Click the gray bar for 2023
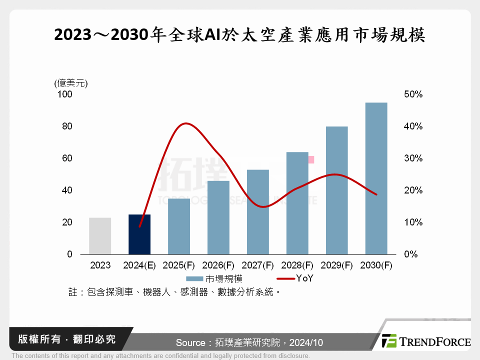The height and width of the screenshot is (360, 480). [x=100, y=236]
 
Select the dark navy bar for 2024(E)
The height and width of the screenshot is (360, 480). [x=139, y=234]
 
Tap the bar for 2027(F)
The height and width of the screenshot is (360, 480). [x=258, y=212]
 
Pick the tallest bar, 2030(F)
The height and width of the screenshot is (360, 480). [x=376, y=178]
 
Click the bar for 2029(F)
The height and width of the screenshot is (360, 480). [x=337, y=190]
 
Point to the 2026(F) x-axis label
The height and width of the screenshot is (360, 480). [x=218, y=265]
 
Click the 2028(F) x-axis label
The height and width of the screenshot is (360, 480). [x=297, y=265]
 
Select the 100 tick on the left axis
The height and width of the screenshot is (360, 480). [x=66, y=94]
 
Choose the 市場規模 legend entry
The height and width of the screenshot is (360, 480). [x=215, y=278]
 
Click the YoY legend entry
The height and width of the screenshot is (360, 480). [x=295, y=278]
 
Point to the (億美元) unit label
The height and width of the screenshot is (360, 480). [x=71, y=83]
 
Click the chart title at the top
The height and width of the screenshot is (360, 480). [x=239, y=35]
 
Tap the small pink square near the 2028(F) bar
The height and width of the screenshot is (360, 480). [x=311, y=159]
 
